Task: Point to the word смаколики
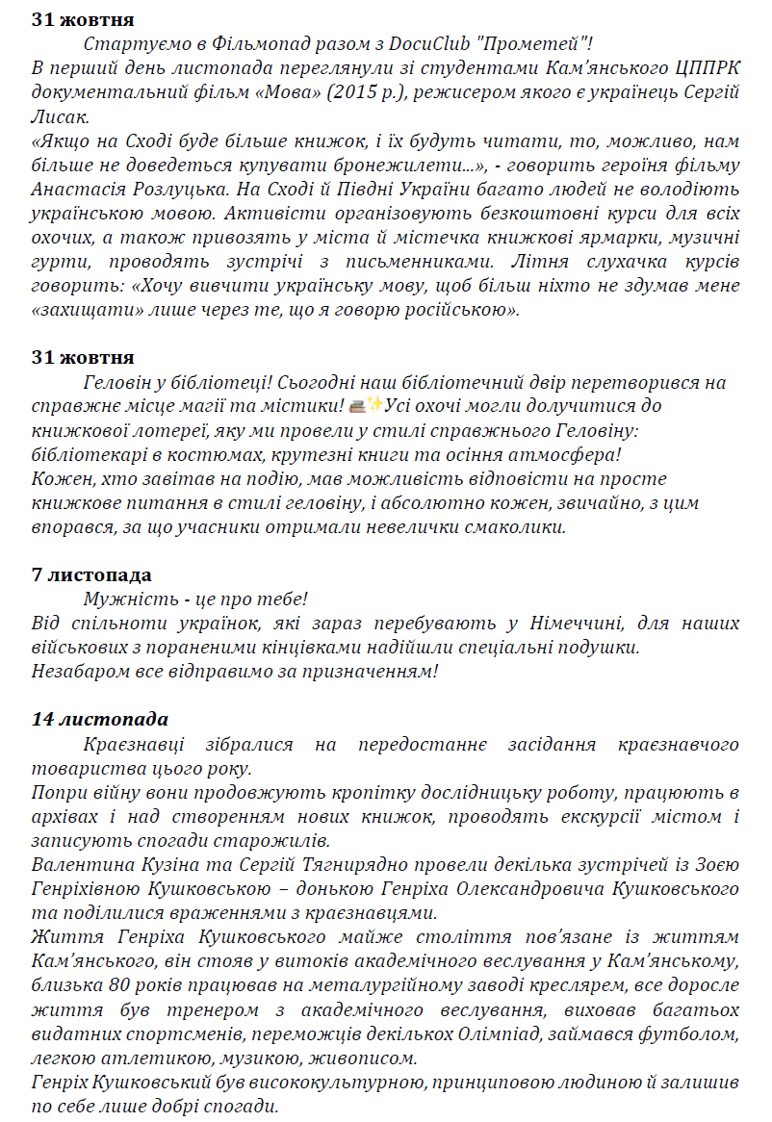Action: pyautogui.click(x=526, y=526)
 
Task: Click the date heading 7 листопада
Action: pyautogui.click(x=91, y=574)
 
